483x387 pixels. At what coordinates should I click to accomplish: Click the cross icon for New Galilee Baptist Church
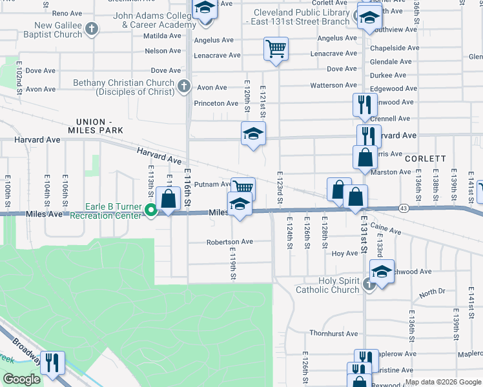[x=92, y=28]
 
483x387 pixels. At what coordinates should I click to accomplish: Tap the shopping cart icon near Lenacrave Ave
[x=276, y=48]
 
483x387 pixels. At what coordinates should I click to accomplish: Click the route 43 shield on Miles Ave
[x=403, y=208]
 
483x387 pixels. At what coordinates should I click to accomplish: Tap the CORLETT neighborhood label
[x=426, y=158]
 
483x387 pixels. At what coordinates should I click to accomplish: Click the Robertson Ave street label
[x=230, y=242]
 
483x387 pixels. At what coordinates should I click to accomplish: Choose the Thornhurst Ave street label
[x=333, y=333]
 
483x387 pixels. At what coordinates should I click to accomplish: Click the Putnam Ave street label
[x=212, y=184]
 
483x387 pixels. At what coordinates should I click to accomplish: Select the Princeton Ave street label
[x=216, y=103]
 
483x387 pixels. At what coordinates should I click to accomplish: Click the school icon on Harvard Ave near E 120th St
[x=253, y=134]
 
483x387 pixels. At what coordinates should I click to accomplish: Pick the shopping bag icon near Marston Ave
[x=365, y=157]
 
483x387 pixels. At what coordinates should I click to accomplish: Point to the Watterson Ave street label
[x=333, y=85]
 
